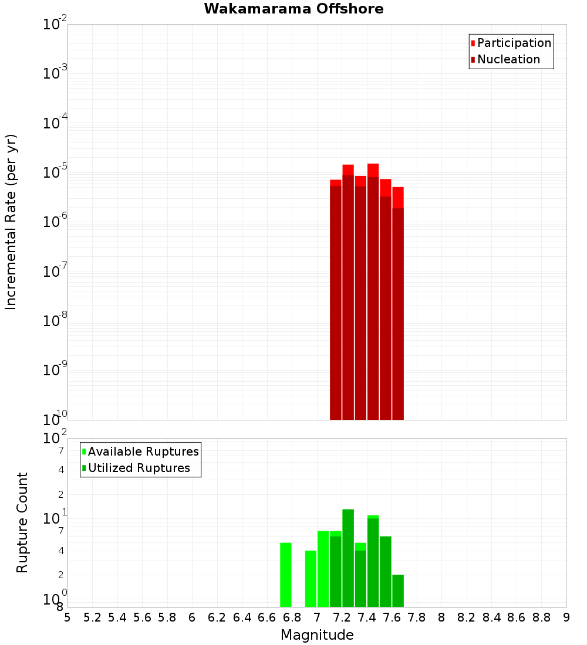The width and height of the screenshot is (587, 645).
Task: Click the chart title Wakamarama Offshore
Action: (x=293, y=9)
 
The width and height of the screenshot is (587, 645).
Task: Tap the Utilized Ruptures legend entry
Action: (x=139, y=468)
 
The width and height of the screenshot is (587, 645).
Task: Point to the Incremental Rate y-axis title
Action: (x=11, y=222)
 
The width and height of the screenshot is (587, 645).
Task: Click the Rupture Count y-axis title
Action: (x=22, y=522)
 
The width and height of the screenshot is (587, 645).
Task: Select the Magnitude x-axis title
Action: (x=317, y=635)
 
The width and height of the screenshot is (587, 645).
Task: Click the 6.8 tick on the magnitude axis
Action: (x=292, y=617)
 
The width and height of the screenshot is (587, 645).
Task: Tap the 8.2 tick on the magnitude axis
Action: (x=467, y=617)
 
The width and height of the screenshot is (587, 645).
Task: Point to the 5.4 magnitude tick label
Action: (x=117, y=617)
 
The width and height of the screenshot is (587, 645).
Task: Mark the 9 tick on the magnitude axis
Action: (x=566, y=617)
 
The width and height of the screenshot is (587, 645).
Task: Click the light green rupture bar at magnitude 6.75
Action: (x=286, y=575)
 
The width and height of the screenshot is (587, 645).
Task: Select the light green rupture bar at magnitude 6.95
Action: (x=311, y=579)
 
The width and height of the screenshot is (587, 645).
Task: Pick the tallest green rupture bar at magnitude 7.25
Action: (x=348, y=558)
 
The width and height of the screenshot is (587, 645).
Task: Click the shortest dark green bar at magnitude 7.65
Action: (x=398, y=590)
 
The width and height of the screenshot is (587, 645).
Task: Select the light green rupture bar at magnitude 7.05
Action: (x=323, y=569)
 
